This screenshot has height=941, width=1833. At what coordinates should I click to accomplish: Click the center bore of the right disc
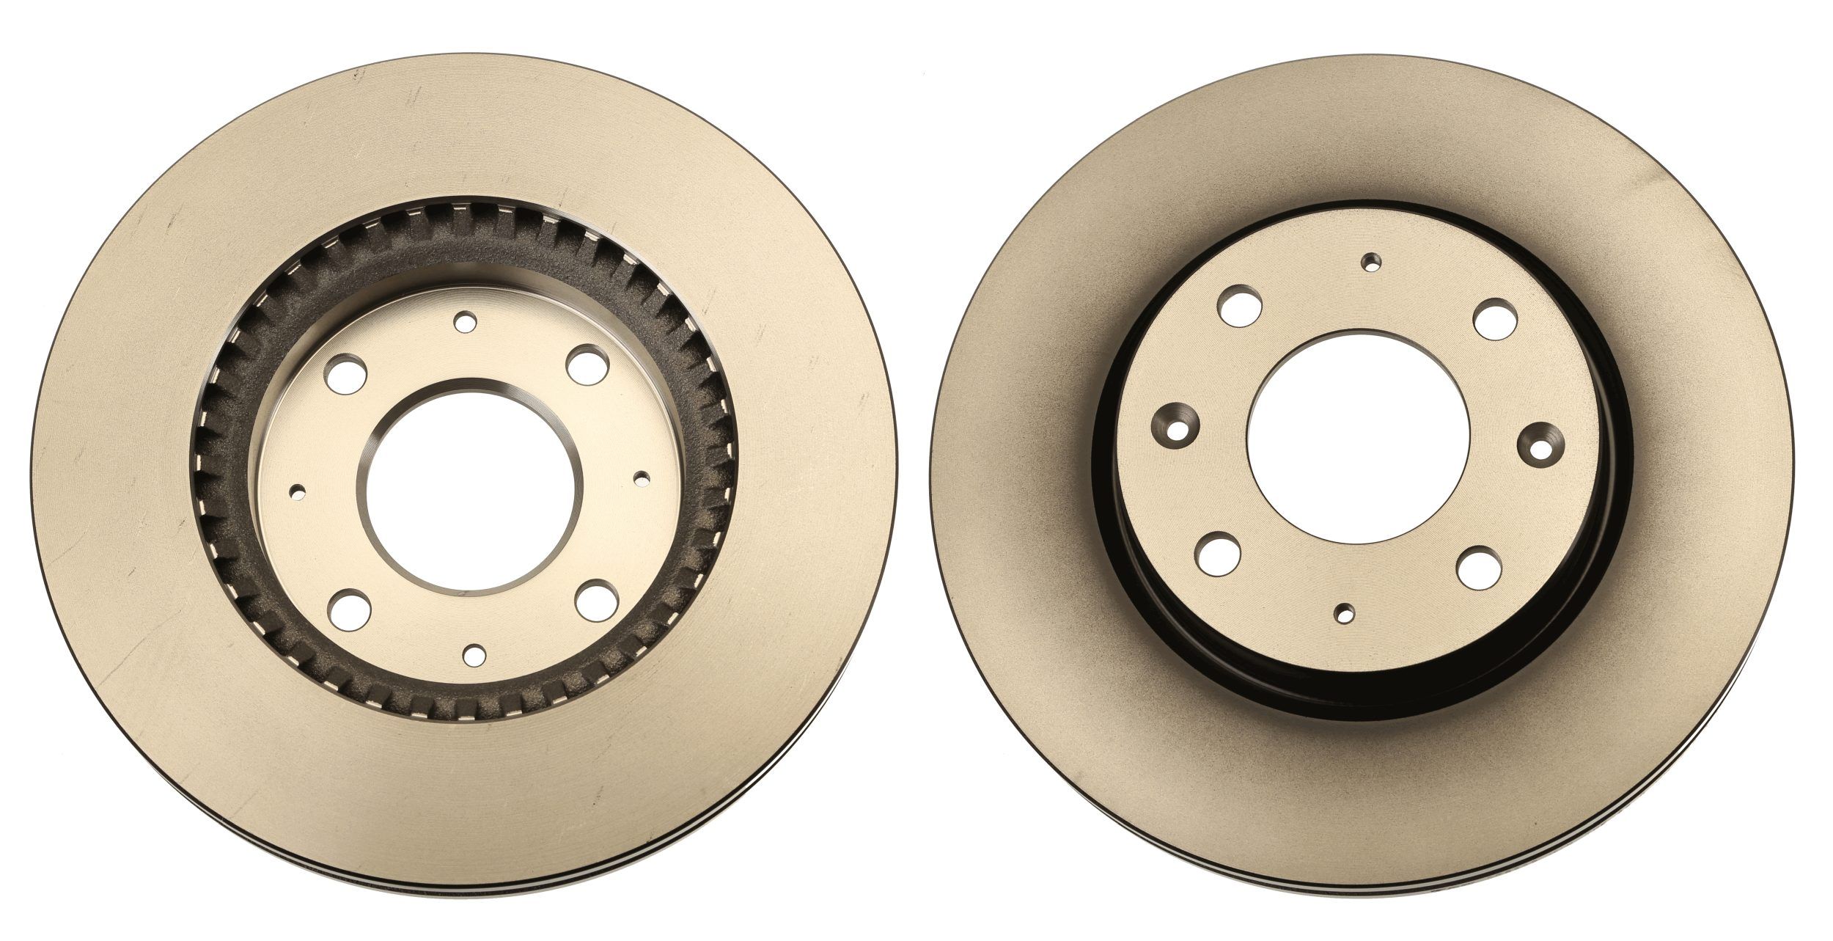click(x=1358, y=437)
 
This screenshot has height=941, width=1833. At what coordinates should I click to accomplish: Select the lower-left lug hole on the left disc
click(x=348, y=609)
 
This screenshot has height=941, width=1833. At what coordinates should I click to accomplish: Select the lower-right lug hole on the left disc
click(x=595, y=599)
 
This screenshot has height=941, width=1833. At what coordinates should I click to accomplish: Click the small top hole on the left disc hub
click(x=465, y=321)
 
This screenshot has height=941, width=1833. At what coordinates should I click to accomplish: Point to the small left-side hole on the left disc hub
click(x=298, y=491)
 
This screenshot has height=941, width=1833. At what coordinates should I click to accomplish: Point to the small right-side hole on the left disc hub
click(x=642, y=478)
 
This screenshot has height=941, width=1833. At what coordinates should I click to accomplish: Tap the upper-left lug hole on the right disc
click(x=1240, y=304)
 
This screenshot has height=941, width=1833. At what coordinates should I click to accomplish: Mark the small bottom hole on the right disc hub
click(x=1344, y=612)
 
